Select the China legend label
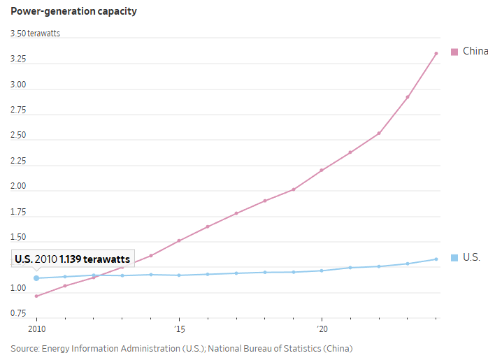click(x=475, y=51)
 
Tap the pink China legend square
click(x=454, y=52)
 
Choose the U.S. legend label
click(x=471, y=257)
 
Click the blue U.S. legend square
click(x=454, y=258)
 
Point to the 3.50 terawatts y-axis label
click(x=35, y=34)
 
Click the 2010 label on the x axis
click(x=36, y=329)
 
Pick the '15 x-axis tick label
click(x=179, y=329)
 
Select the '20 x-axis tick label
click(x=322, y=329)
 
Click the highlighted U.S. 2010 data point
click(x=36, y=278)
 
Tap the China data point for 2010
click(x=36, y=296)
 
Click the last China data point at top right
click(x=436, y=53)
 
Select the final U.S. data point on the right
click(x=436, y=259)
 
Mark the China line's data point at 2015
click(x=179, y=240)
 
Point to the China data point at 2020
click(x=322, y=170)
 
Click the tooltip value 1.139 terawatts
click(x=94, y=259)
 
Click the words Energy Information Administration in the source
click(x=103, y=348)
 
